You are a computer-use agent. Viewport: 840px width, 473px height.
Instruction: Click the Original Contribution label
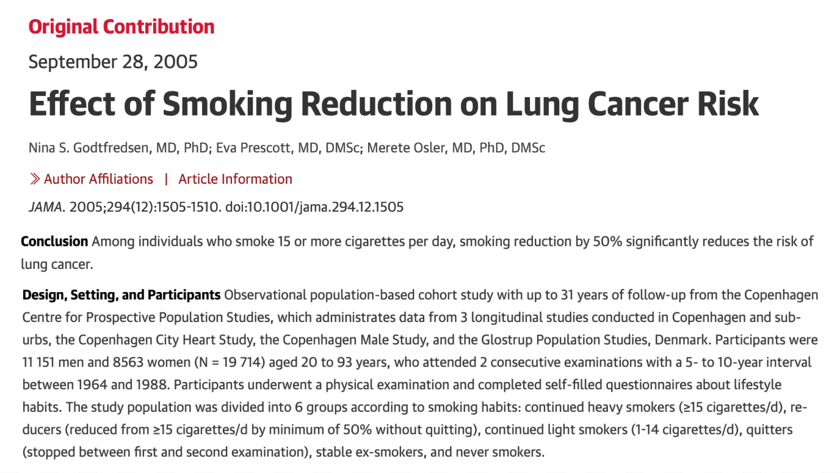point(121,27)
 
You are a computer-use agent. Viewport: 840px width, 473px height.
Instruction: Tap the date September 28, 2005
point(113,62)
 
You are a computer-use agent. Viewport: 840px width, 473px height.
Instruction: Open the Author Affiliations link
point(98,179)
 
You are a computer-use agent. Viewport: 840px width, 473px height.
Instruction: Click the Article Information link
point(235,179)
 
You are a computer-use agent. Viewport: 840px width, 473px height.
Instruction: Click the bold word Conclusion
point(54,241)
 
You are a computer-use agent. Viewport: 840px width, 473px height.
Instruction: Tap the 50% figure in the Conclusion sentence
point(609,241)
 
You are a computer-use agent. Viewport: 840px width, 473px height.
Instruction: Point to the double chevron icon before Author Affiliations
point(35,179)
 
